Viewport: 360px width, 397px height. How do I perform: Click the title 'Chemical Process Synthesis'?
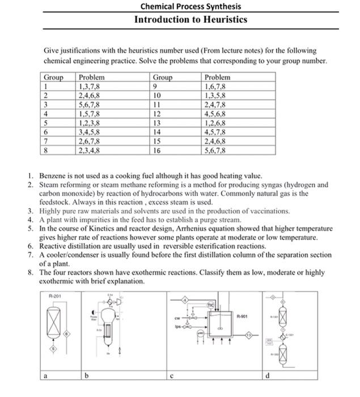(x=190, y=7)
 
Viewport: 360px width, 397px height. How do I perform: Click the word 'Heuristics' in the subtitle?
(x=222, y=19)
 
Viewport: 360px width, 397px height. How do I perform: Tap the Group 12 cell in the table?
(x=158, y=114)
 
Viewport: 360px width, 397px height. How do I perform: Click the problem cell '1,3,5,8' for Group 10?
(x=215, y=95)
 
